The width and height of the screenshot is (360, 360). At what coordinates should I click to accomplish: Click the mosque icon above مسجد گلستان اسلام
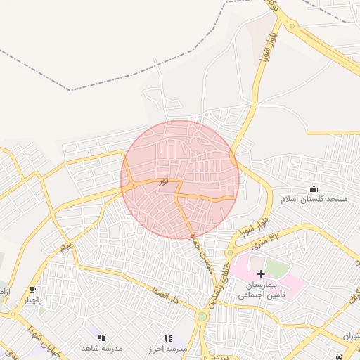pyautogui.click(x=314, y=188)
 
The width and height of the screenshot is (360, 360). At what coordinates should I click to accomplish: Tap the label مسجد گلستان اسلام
pyautogui.click(x=314, y=199)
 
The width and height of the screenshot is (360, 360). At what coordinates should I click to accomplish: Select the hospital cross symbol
pyautogui.click(x=261, y=273)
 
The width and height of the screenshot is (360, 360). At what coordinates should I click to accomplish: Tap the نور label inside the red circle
pyautogui.click(x=163, y=181)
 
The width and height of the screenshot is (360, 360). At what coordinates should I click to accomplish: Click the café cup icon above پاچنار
pyautogui.click(x=32, y=290)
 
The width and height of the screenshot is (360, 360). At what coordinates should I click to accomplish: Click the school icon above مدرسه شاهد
pyautogui.click(x=102, y=338)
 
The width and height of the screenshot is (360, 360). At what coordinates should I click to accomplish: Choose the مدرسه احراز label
pyautogui.click(x=168, y=349)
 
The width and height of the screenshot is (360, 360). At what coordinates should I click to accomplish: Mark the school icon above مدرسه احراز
pyautogui.click(x=167, y=338)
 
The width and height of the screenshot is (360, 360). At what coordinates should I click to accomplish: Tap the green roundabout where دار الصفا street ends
pyautogui.click(x=202, y=316)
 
